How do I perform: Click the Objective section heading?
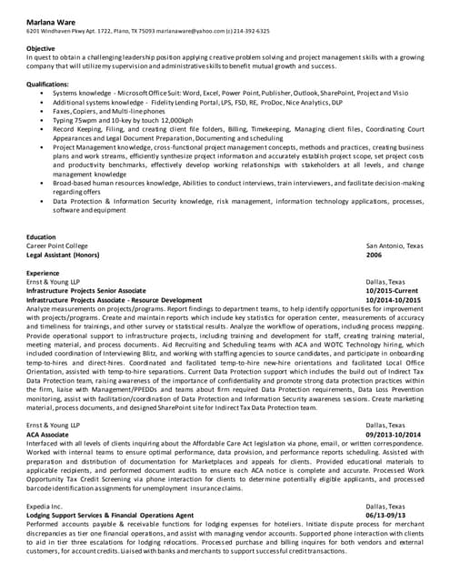tap(41, 47)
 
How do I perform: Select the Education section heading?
tap(42, 236)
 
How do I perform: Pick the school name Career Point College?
tap(57, 246)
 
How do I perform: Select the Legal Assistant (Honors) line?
tap(63, 256)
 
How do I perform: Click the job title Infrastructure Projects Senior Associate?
tap(86, 291)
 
